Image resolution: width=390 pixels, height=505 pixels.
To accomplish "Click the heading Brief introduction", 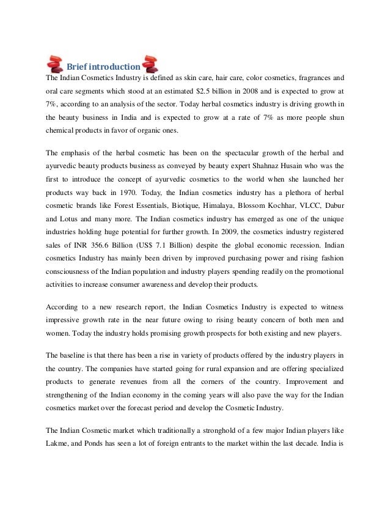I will click(x=103, y=67).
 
